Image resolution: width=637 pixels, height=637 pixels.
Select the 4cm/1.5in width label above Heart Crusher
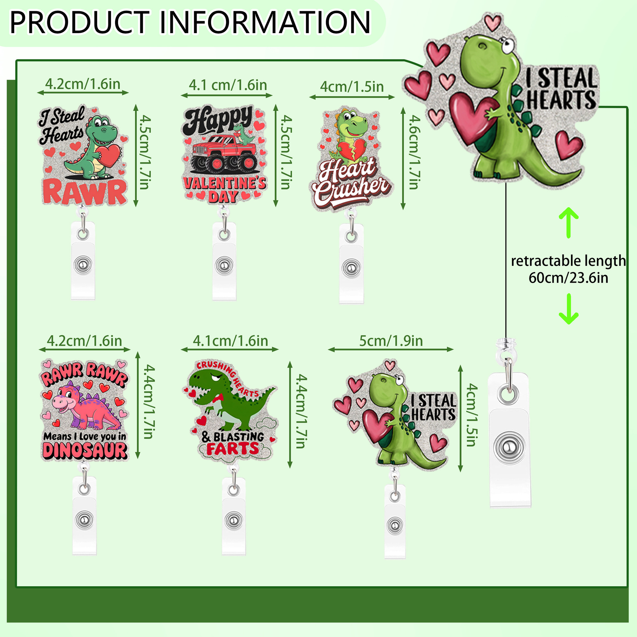352,87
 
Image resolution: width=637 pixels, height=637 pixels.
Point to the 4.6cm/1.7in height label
414,152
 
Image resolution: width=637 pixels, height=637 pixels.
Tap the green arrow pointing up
569,222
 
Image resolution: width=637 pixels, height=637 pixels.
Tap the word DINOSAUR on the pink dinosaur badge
85,451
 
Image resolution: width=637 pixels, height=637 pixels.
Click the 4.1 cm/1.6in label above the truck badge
228,86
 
